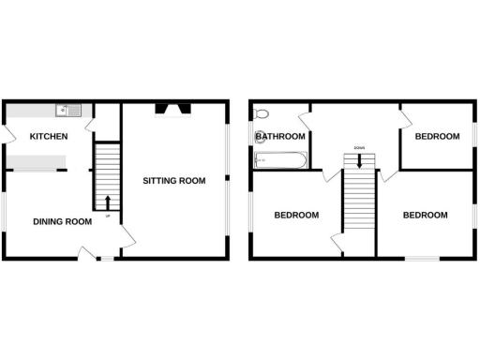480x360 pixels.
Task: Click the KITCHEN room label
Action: pyautogui.click(x=49, y=137)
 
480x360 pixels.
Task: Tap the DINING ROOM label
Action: pyautogui.click(x=62, y=221)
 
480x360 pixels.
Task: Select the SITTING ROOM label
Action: pyautogui.click(x=173, y=180)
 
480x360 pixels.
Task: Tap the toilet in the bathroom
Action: pyautogui.click(x=262, y=114)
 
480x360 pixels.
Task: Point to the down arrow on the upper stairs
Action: pyautogui.click(x=358, y=161)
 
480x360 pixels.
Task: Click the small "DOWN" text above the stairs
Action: pyautogui.click(x=358, y=147)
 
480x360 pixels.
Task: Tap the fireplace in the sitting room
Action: pyautogui.click(x=173, y=109)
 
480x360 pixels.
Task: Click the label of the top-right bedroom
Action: pyautogui.click(x=437, y=137)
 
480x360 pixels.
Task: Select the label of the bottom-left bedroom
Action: pyautogui.click(x=296, y=215)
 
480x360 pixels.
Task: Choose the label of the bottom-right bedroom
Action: pyautogui.click(x=425, y=215)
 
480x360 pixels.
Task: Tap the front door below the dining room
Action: pyautogui.click(x=88, y=252)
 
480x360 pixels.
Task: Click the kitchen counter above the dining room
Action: pyautogui.click(x=37, y=162)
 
